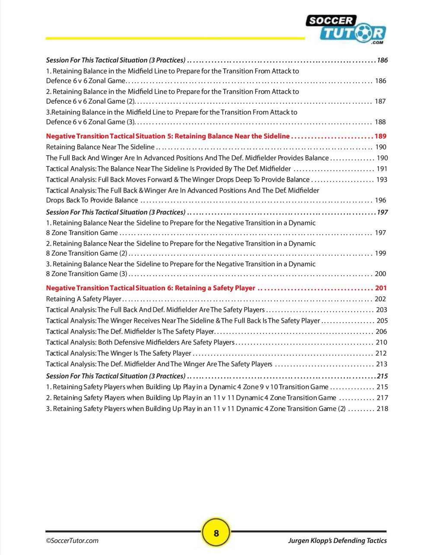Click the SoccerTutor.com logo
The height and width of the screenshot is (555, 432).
coord(345,29)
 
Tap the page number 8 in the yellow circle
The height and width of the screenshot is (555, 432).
coord(216,533)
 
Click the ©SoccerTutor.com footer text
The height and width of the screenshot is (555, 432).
coord(72,540)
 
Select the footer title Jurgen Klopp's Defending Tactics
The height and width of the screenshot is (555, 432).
coord(337,540)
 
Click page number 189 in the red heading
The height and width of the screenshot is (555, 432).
coord(381,136)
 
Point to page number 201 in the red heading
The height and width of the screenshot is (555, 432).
coord(381,288)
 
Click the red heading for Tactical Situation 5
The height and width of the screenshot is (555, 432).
coord(168,136)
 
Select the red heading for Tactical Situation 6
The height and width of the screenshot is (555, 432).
coord(151,288)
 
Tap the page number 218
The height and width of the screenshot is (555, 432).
coord(382,408)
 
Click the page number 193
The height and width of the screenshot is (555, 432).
coord(381,180)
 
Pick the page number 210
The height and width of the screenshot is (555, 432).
coord(381,342)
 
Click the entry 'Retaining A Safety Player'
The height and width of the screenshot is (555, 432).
coord(84,299)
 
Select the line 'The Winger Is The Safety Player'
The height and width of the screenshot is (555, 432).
coord(119,353)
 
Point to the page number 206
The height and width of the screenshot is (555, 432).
coord(381,331)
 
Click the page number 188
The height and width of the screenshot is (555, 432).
coord(380,122)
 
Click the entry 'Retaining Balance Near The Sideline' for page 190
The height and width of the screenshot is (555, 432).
coord(100,147)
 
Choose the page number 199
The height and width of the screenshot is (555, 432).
coord(380,253)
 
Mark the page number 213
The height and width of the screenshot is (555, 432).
coord(381,364)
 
